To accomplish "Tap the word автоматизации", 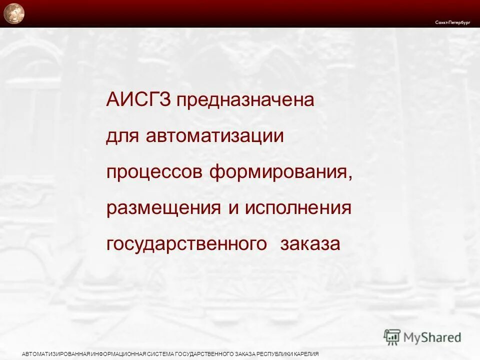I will tap(215, 136).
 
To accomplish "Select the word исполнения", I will tap(298, 208).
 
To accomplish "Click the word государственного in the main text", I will tap(186, 244).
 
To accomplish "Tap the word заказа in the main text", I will tap(310, 244).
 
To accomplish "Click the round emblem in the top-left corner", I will tap(13, 13).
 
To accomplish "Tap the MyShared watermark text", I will tap(432, 337).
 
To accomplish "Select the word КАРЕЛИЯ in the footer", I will tap(305, 354).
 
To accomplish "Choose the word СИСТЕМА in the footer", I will tap(161, 354).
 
